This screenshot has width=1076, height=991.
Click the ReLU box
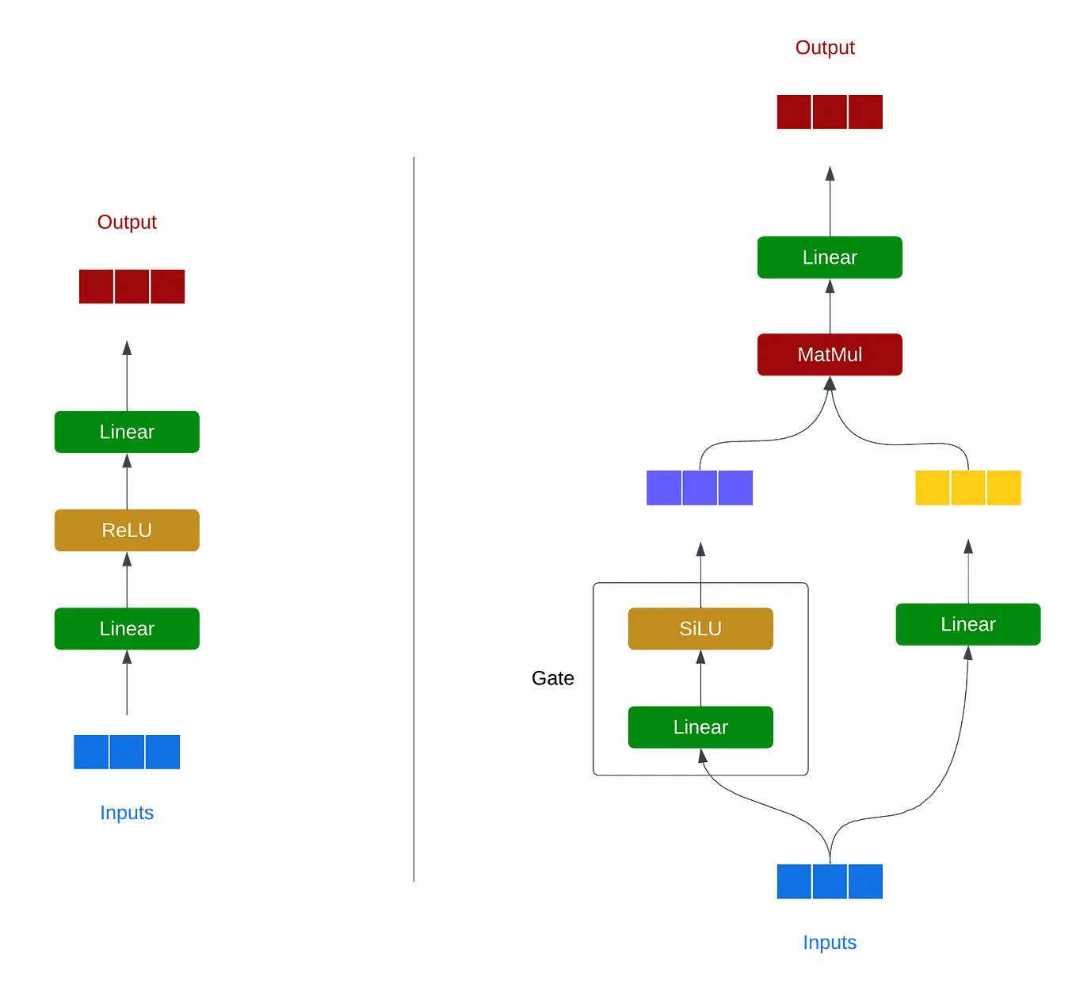tap(127, 530)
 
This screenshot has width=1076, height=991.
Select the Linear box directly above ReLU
tap(127, 432)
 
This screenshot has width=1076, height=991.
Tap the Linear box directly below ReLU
tap(127, 629)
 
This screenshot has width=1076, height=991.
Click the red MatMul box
tap(830, 355)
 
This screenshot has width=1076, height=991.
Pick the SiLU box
tap(700, 629)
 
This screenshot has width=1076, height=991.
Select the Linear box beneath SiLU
tap(700, 727)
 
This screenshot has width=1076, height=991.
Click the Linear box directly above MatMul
tap(830, 257)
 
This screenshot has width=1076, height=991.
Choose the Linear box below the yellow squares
tap(967, 625)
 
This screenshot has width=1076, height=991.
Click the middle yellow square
tap(967, 488)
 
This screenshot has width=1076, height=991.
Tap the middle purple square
tap(700, 488)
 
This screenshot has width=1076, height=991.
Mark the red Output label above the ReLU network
tap(127, 223)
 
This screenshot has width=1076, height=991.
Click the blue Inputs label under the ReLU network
tap(127, 813)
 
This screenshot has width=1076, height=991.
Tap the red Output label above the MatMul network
tap(825, 48)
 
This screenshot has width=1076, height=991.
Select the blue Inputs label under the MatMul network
tap(830, 942)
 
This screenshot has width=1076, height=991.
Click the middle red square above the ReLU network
tap(132, 287)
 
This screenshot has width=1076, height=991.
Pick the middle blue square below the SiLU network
tap(830, 881)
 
